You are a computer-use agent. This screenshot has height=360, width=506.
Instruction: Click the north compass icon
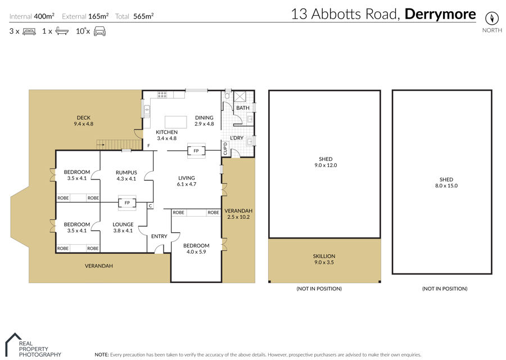[x=492, y=18]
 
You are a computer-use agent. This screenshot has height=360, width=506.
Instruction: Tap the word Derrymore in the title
[x=440, y=14]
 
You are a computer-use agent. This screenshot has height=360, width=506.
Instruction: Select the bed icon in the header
[x=29, y=31]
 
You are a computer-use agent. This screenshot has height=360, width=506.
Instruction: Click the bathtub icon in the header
[x=62, y=31]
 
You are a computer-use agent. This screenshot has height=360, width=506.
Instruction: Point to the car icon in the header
[x=100, y=31]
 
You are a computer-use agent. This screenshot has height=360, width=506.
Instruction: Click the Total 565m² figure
[x=134, y=16]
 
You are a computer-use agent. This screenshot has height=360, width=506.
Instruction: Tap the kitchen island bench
[x=175, y=122]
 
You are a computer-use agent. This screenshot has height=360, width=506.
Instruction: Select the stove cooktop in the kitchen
[x=162, y=94]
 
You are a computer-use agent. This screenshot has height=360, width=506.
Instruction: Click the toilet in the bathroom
[x=228, y=95]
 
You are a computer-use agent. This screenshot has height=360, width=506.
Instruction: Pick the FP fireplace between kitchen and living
[x=196, y=151]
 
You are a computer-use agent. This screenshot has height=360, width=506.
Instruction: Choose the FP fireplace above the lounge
[x=127, y=202]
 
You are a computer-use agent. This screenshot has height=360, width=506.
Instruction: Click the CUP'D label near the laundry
[x=225, y=149]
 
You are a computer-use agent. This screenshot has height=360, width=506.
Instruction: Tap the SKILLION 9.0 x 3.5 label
[x=324, y=259]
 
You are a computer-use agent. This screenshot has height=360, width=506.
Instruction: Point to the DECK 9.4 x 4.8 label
[x=84, y=121]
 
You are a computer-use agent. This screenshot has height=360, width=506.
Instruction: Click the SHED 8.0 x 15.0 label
[x=446, y=182]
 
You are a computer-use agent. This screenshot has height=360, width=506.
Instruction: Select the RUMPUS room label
[x=126, y=173]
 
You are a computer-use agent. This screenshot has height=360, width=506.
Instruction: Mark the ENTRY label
[x=159, y=236]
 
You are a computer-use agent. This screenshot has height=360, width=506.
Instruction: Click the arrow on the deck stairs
[x=101, y=145]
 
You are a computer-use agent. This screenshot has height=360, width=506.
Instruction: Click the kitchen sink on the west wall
[x=147, y=111]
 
